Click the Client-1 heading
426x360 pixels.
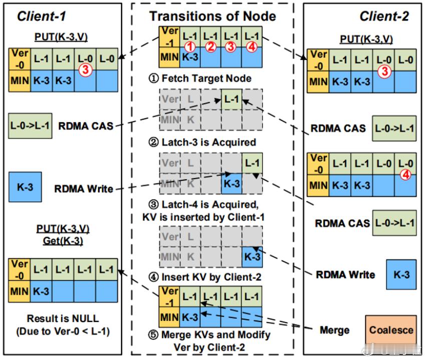pyautogui.click(x=41, y=16)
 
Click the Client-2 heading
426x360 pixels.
pyautogui.click(x=384, y=16)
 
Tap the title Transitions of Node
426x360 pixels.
pyautogui.click(x=213, y=16)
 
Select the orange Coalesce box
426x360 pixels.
pyautogui.click(x=391, y=330)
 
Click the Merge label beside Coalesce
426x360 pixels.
pyautogui.click(x=335, y=330)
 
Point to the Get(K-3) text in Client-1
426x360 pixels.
pyautogui.click(x=63, y=240)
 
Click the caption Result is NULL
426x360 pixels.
pyautogui.click(x=63, y=318)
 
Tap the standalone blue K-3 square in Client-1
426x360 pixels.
pyautogui.click(x=25, y=187)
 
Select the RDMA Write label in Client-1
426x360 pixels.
pyautogui.click(x=84, y=189)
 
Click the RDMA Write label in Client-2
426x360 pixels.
pyautogui.click(x=345, y=274)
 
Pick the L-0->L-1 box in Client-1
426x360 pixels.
pyautogui.click(x=30, y=126)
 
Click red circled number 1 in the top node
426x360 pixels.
pyautogui.click(x=190, y=46)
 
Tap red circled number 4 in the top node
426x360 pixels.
pyautogui.click(x=252, y=46)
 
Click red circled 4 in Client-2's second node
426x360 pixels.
pyautogui.click(x=405, y=174)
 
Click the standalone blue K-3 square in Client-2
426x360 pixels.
pyautogui.click(x=401, y=274)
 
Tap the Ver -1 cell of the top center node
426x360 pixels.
pyautogui.click(x=169, y=36)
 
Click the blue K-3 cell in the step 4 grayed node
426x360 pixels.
pyautogui.click(x=252, y=257)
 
